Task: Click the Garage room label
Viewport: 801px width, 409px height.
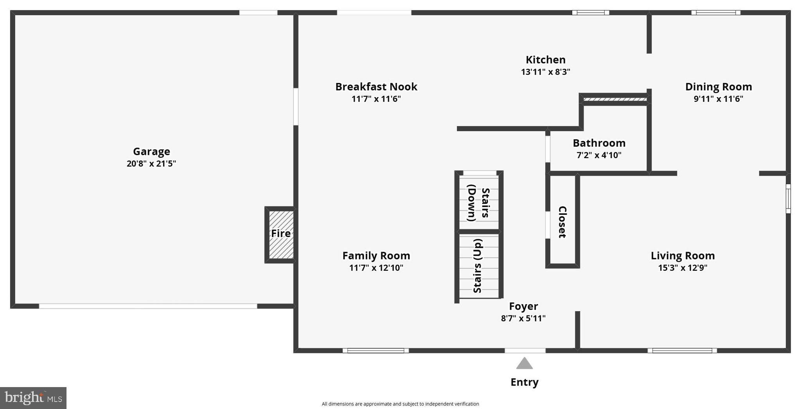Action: (x=151, y=151)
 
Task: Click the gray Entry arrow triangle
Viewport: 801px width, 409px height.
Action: (x=524, y=364)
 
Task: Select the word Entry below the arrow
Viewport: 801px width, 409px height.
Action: (x=524, y=382)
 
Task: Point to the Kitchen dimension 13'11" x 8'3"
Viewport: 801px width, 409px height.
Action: (x=545, y=72)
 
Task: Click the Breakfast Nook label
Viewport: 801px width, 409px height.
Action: (x=376, y=87)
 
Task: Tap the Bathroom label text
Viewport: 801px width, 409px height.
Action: (x=599, y=143)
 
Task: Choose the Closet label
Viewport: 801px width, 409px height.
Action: (x=562, y=222)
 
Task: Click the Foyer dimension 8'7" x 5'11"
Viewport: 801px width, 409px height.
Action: (x=523, y=319)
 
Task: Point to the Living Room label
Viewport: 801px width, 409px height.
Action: (x=682, y=256)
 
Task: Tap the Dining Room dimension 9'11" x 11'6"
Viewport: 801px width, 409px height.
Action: (x=718, y=99)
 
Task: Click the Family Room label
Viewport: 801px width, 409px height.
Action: (x=376, y=256)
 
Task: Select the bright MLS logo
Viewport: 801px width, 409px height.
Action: (x=33, y=398)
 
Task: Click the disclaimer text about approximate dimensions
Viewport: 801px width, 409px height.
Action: (x=400, y=404)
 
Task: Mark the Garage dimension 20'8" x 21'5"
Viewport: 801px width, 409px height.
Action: (x=151, y=164)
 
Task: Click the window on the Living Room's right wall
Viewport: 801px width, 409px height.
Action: (x=788, y=198)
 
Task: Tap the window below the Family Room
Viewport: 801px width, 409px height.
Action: (x=375, y=351)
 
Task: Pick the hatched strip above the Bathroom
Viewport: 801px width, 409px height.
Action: (x=614, y=99)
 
